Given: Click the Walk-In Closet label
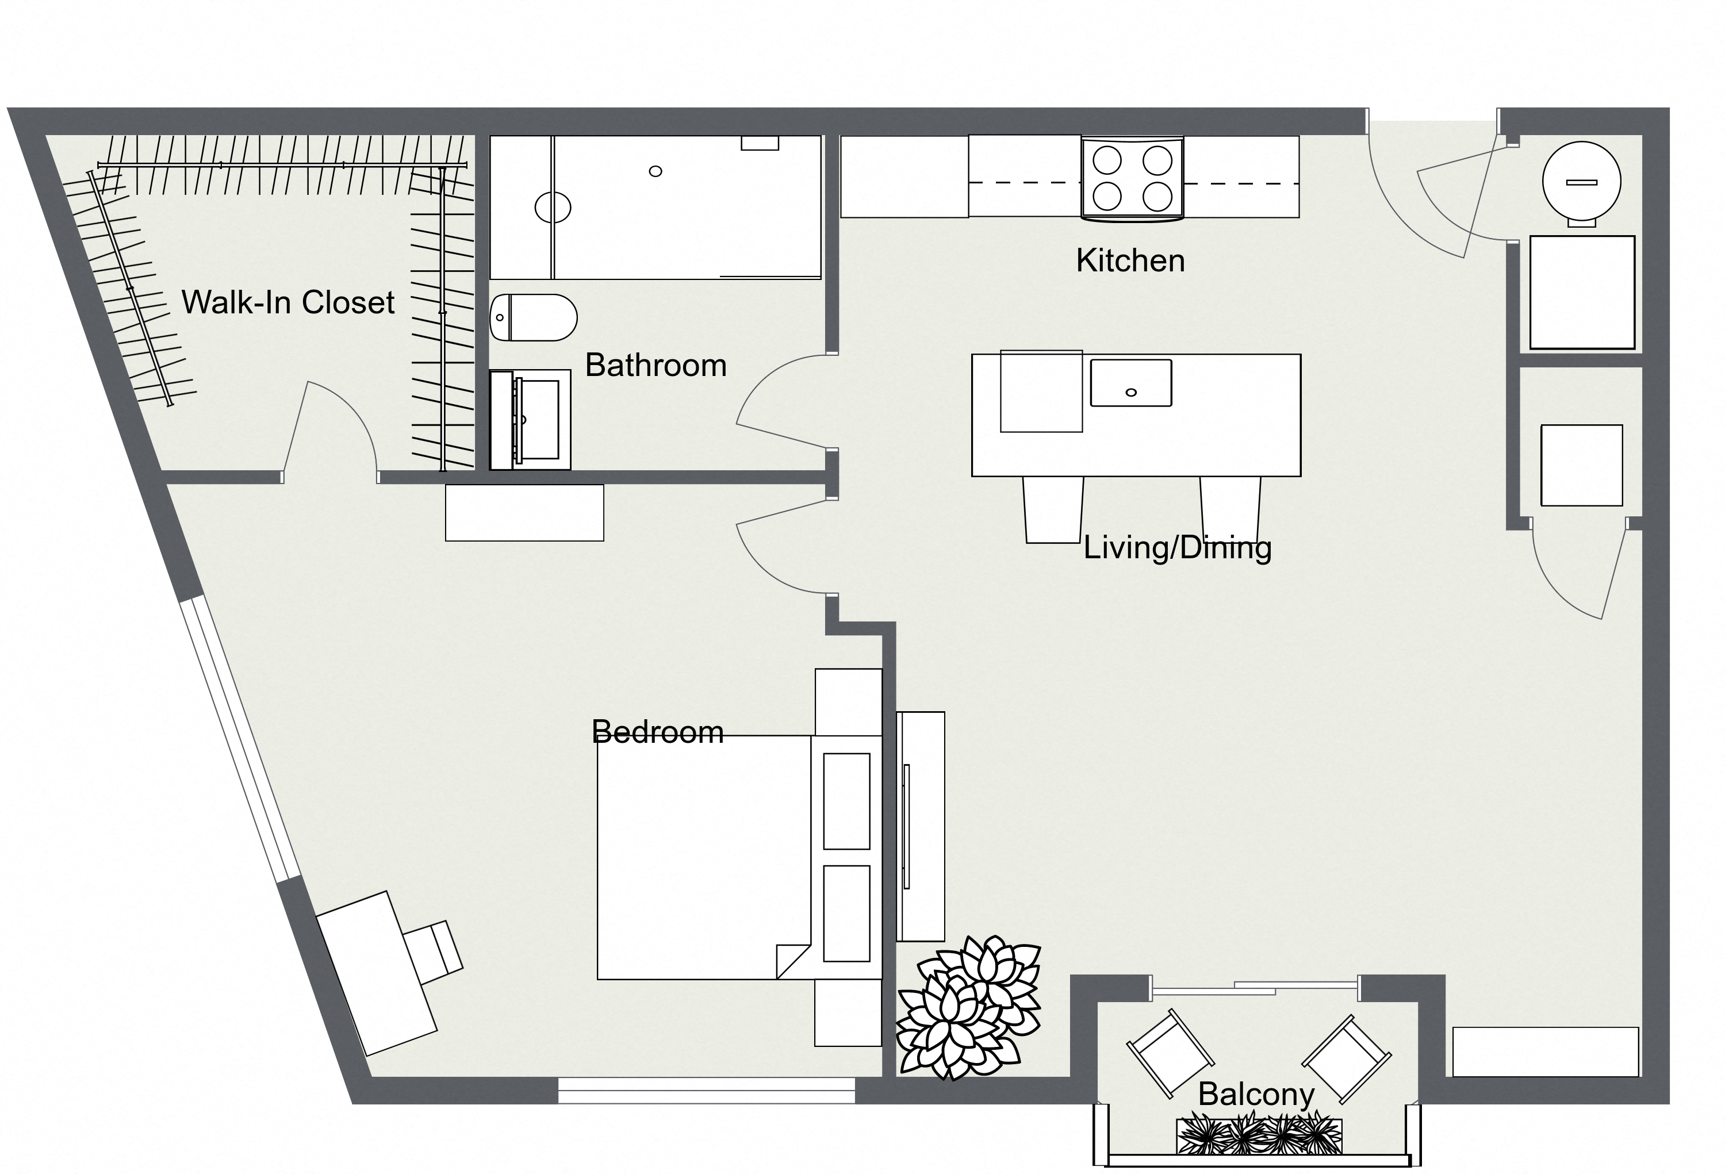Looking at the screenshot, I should (x=288, y=303).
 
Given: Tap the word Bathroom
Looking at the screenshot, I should (x=655, y=366).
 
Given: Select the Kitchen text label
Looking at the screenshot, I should (x=1130, y=261).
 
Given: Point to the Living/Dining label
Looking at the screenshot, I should (x=1177, y=548).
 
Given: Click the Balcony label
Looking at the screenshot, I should (x=1256, y=1095).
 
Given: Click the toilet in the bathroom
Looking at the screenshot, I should (x=533, y=317).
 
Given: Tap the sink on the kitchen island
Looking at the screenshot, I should (x=1130, y=383).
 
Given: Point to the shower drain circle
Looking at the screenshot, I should (x=655, y=171).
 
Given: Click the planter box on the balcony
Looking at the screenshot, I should (x=1259, y=1136).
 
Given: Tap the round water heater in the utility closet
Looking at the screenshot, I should (x=1581, y=181).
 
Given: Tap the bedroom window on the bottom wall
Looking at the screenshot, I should (x=706, y=1090).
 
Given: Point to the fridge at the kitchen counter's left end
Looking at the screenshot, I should (x=904, y=177).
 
